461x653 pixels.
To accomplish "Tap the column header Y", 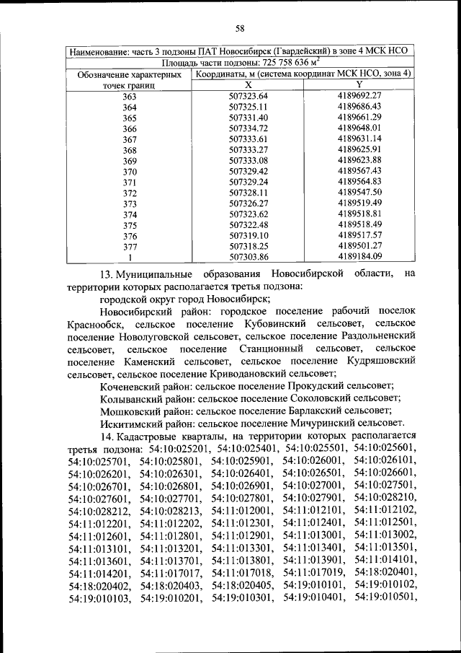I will click(x=359, y=84).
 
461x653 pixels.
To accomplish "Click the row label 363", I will click(x=130, y=96).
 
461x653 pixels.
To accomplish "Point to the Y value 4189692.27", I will click(x=359, y=95).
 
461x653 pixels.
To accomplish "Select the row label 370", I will click(x=130, y=172).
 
